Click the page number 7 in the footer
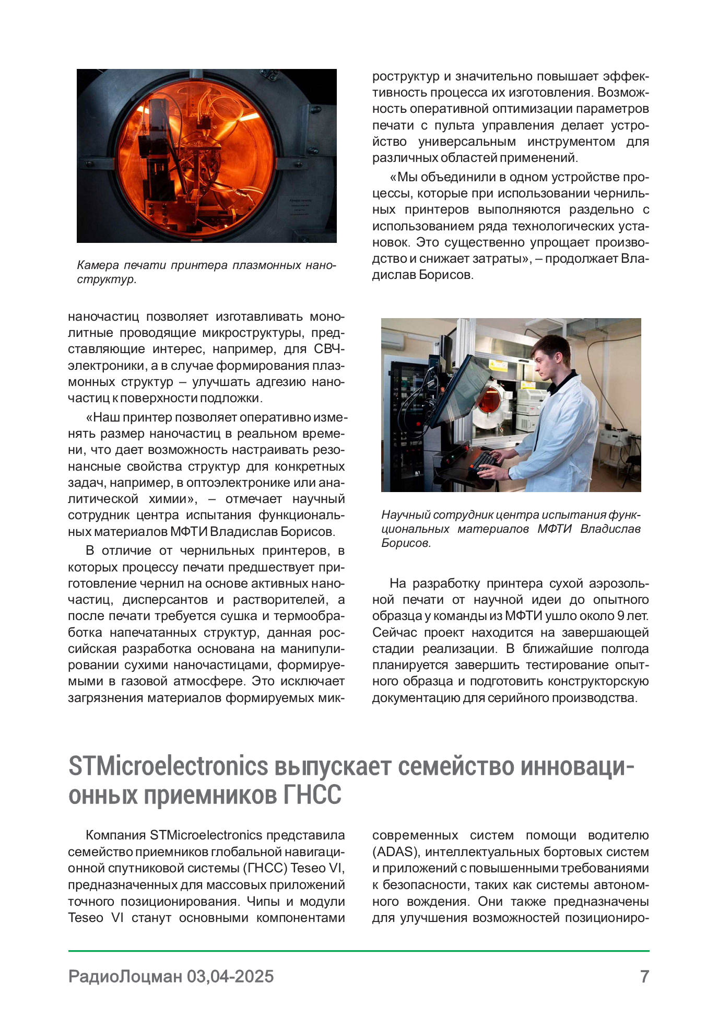coord(644,976)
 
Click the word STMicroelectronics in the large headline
coord(168,767)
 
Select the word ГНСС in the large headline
coord(312,796)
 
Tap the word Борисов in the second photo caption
coord(406,543)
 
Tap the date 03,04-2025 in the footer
coord(230,976)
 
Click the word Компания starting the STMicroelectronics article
coord(115,835)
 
